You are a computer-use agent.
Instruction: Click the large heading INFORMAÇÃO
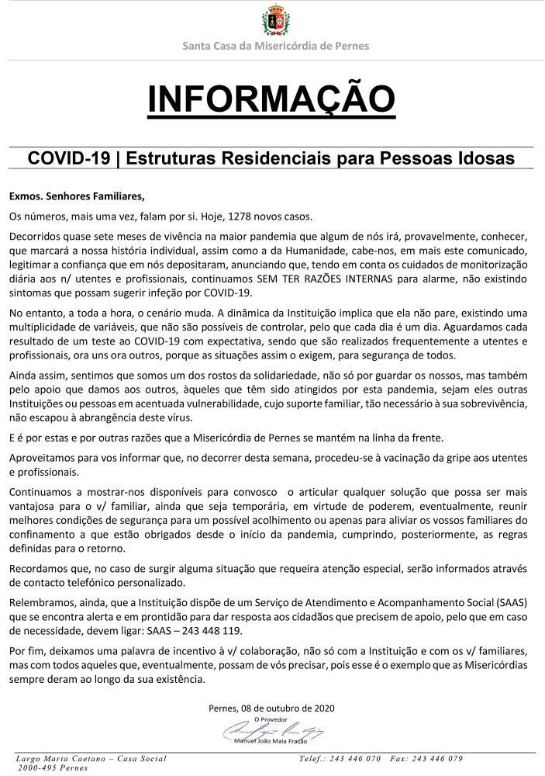tap(272, 99)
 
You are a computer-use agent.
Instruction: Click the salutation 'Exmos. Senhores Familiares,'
tap(77, 195)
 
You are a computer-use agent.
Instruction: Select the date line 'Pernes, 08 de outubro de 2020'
tap(272, 708)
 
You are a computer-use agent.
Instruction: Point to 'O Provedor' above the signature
tap(272, 719)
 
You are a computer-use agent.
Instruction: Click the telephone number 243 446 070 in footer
tap(354, 758)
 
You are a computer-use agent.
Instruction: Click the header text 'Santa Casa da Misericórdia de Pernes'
tap(274, 46)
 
